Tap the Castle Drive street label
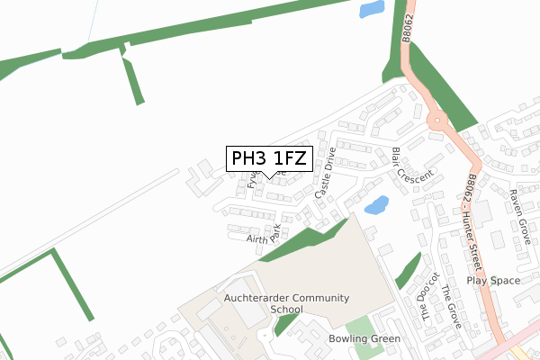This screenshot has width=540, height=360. tap(325, 174)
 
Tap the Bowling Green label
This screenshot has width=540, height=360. tap(364, 339)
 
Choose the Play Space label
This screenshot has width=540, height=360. tap(492, 281)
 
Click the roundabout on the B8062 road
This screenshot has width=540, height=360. tap(437, 119)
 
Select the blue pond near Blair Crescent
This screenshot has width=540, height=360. tap(375, 204)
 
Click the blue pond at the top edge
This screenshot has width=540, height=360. tap(370, 10)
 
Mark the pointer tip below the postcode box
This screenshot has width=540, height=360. tap(268, 177)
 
